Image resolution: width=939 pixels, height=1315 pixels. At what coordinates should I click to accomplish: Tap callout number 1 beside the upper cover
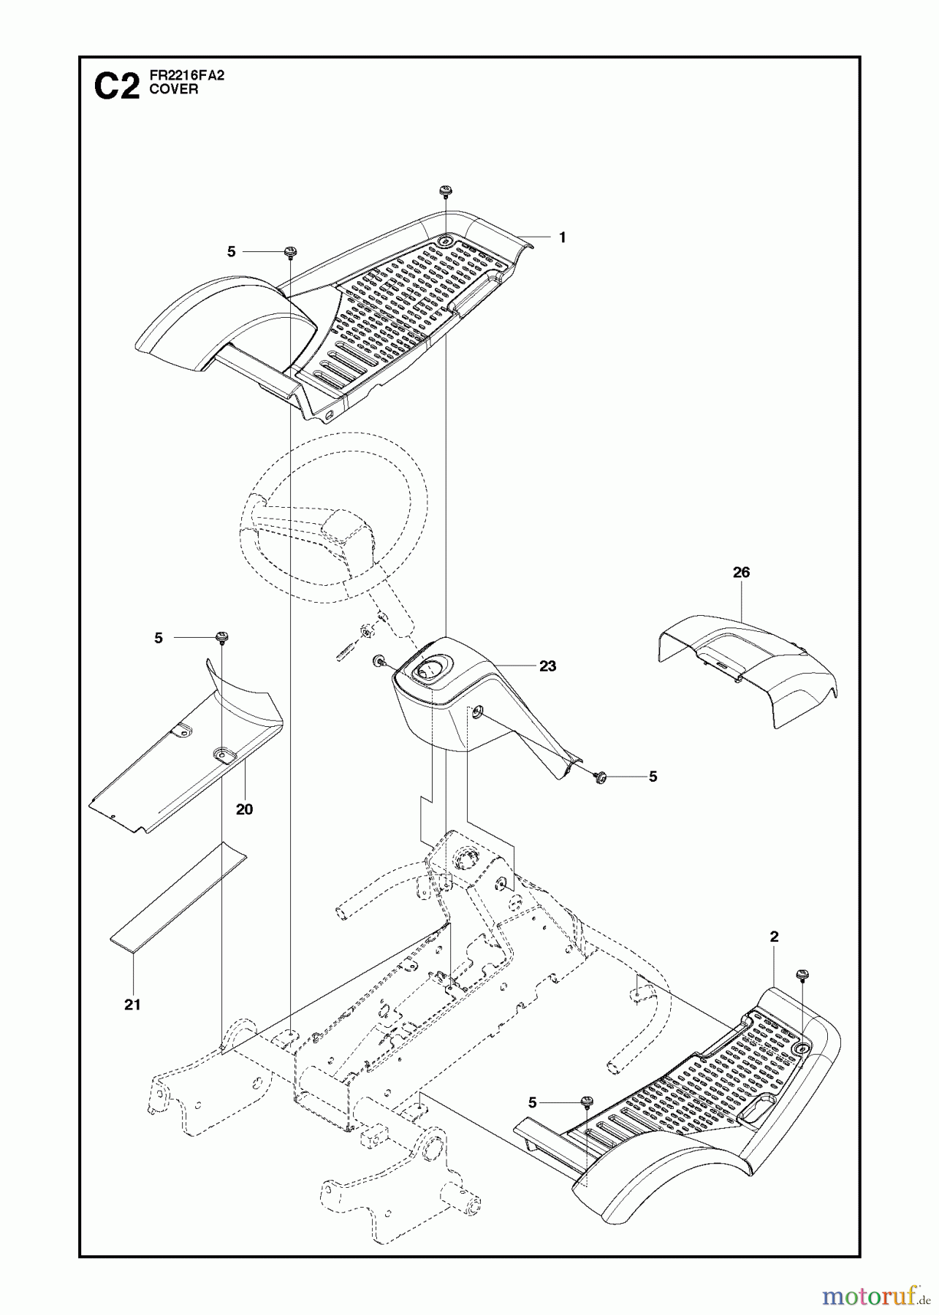562,237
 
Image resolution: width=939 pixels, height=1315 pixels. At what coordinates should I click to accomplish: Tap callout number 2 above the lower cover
774,937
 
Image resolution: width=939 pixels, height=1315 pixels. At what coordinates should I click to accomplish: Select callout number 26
741,573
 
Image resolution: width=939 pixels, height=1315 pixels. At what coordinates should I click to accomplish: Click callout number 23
547,666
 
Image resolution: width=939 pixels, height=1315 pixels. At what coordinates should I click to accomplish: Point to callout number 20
244,809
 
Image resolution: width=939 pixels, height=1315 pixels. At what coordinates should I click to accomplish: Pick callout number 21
132,1005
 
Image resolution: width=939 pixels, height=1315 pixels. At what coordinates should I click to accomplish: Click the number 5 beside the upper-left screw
232,251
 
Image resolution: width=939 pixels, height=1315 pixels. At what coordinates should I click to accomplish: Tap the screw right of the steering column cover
603,777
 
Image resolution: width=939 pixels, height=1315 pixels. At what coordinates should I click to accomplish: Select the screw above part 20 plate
220,639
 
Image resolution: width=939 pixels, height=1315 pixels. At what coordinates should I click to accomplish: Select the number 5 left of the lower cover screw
532,1102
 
